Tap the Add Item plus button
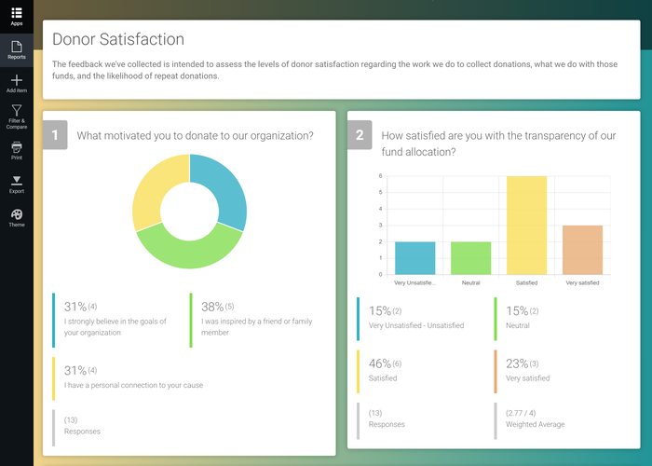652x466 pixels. tap(17, 81)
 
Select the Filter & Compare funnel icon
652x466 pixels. tap(17, 111)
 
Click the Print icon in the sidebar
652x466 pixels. tap(17, 147)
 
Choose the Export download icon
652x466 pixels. tap(17, 181)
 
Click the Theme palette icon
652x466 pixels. tap(17, 214)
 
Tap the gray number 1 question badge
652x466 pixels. tap(55, 135)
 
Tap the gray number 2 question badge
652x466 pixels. tap(360, 135)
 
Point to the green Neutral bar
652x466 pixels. tap(470, 258)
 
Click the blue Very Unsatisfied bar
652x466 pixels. tap(414, 258)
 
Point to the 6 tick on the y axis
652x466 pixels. tap(380, 175)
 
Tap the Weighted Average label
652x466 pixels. tap(535, 424)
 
